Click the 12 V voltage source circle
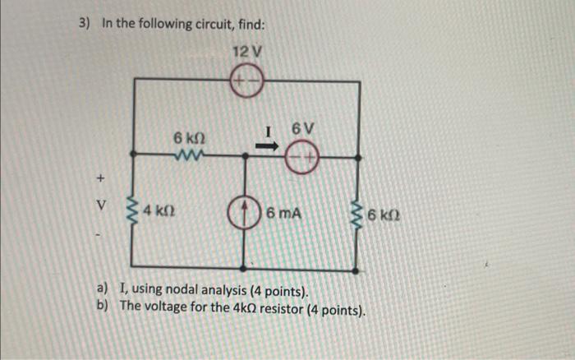(x=246, y=82)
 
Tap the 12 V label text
(x=246, y=53)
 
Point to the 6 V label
(x=302, y=128)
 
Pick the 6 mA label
(x=284, y=214)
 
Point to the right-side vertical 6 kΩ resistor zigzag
(x=356, y=215)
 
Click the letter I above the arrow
(x=268, y=130)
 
